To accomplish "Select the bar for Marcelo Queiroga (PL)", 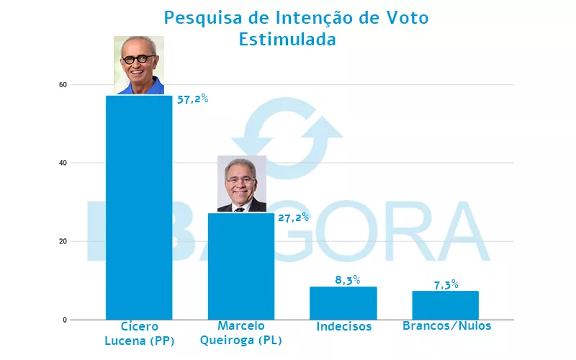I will tap(241, 266).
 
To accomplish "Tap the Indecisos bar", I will tap(343, 302).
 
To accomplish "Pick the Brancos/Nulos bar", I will tap(446, 305).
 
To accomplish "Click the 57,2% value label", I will tap(192, 99).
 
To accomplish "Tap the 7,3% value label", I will tap(446, 284).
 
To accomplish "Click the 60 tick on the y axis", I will tap(63, 85).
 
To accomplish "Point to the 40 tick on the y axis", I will tap(63, 163).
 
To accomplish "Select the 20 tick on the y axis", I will tap(63, 241).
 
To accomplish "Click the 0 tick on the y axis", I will tap(65, 320).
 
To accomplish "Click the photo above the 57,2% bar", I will tap(139, 66).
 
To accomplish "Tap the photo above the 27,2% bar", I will tap(242, 184).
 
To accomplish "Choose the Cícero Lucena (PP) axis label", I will tap(140, 333).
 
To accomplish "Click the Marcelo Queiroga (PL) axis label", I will tap(241, 333).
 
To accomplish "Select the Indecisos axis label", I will tap(344, 327).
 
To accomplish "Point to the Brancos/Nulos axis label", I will tap(446, 326).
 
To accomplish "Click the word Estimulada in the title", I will tap(287, 40).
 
